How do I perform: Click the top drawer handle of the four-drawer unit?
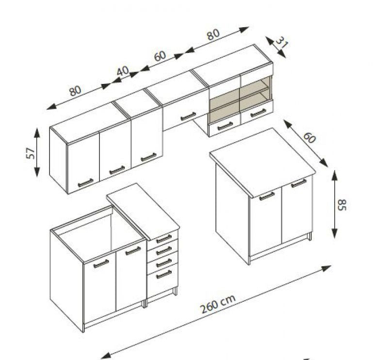click(x=164, y=239)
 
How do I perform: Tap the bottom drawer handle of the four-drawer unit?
click(x=164, y=274)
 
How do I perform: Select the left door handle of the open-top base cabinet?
click(x=101, y=263)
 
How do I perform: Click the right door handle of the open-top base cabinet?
click(x=132, y=251)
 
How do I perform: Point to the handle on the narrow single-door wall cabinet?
click(x=148, y=157)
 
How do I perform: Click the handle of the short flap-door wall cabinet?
click(x=188, y=116)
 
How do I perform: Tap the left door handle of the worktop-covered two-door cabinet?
click(x=267, y=196)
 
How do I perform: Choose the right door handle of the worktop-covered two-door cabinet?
click(x=298, y=183)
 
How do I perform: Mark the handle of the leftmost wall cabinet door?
click(x=85, y=182)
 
